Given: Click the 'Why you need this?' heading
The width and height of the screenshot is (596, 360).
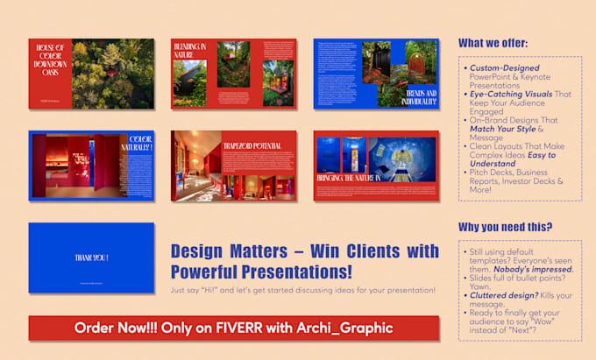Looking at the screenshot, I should [505, 228].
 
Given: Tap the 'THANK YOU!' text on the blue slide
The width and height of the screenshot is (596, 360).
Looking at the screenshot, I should [91, 257].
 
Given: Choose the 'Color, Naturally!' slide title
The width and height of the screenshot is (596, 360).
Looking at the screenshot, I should [140, 143].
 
